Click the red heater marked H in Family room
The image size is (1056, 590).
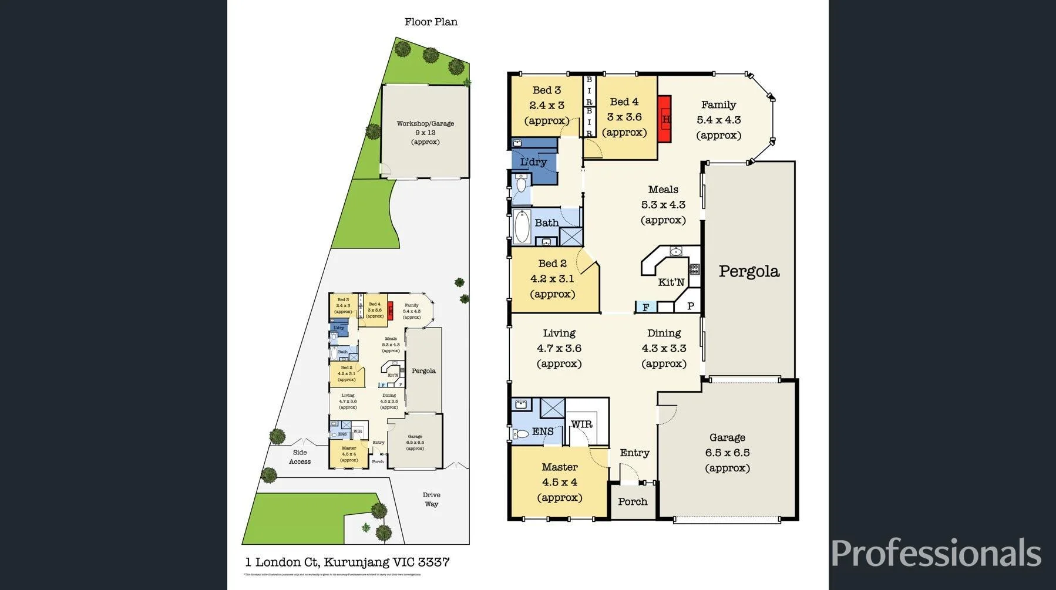pyautogui.click(x=664, y=119)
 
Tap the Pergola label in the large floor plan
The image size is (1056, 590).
pyautogui.click(x=749, y=271)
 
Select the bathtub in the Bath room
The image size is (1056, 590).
pyautogui.click(x=522, y=227)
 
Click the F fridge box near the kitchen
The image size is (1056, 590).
pyautogui.click(x=645, y=307)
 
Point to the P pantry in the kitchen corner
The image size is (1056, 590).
pyautogui.click(x=691, y=306)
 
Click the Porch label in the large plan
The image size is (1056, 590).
pyautogui.click(x=633, y=501)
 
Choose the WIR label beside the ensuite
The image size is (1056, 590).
pyautogui.click(x=581, y=424)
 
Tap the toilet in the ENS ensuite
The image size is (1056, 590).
pyautogui.click(x=521, y=434)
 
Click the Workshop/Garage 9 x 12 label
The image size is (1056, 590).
pyautogui.click(x=425, y=132)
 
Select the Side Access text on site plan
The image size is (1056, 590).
pyautogui.click(x=300, y=457)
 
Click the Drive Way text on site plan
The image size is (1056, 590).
pyautogui.click(x=431, y=499)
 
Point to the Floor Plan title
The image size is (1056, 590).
pyautogui.click(x=431, y=22)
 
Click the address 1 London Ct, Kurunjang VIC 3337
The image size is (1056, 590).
pyautogui.click(x=347, y=562)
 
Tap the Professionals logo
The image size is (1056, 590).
pyautogui.click(x=936, y=553)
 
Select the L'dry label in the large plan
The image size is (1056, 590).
pyautogui.click(x=533, y=161)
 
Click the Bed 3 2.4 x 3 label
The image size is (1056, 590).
pyautogui.click(x=546, y=105)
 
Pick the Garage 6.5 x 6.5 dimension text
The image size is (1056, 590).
pyautogui.click(x=727, y=453)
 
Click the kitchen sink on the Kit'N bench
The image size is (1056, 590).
pyautogui.click(x=676, y=252)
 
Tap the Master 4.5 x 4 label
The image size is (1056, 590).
pyautogui.click(x=559, y=482)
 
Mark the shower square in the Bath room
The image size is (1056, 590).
pyautogui.click(x=570, y=236)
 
